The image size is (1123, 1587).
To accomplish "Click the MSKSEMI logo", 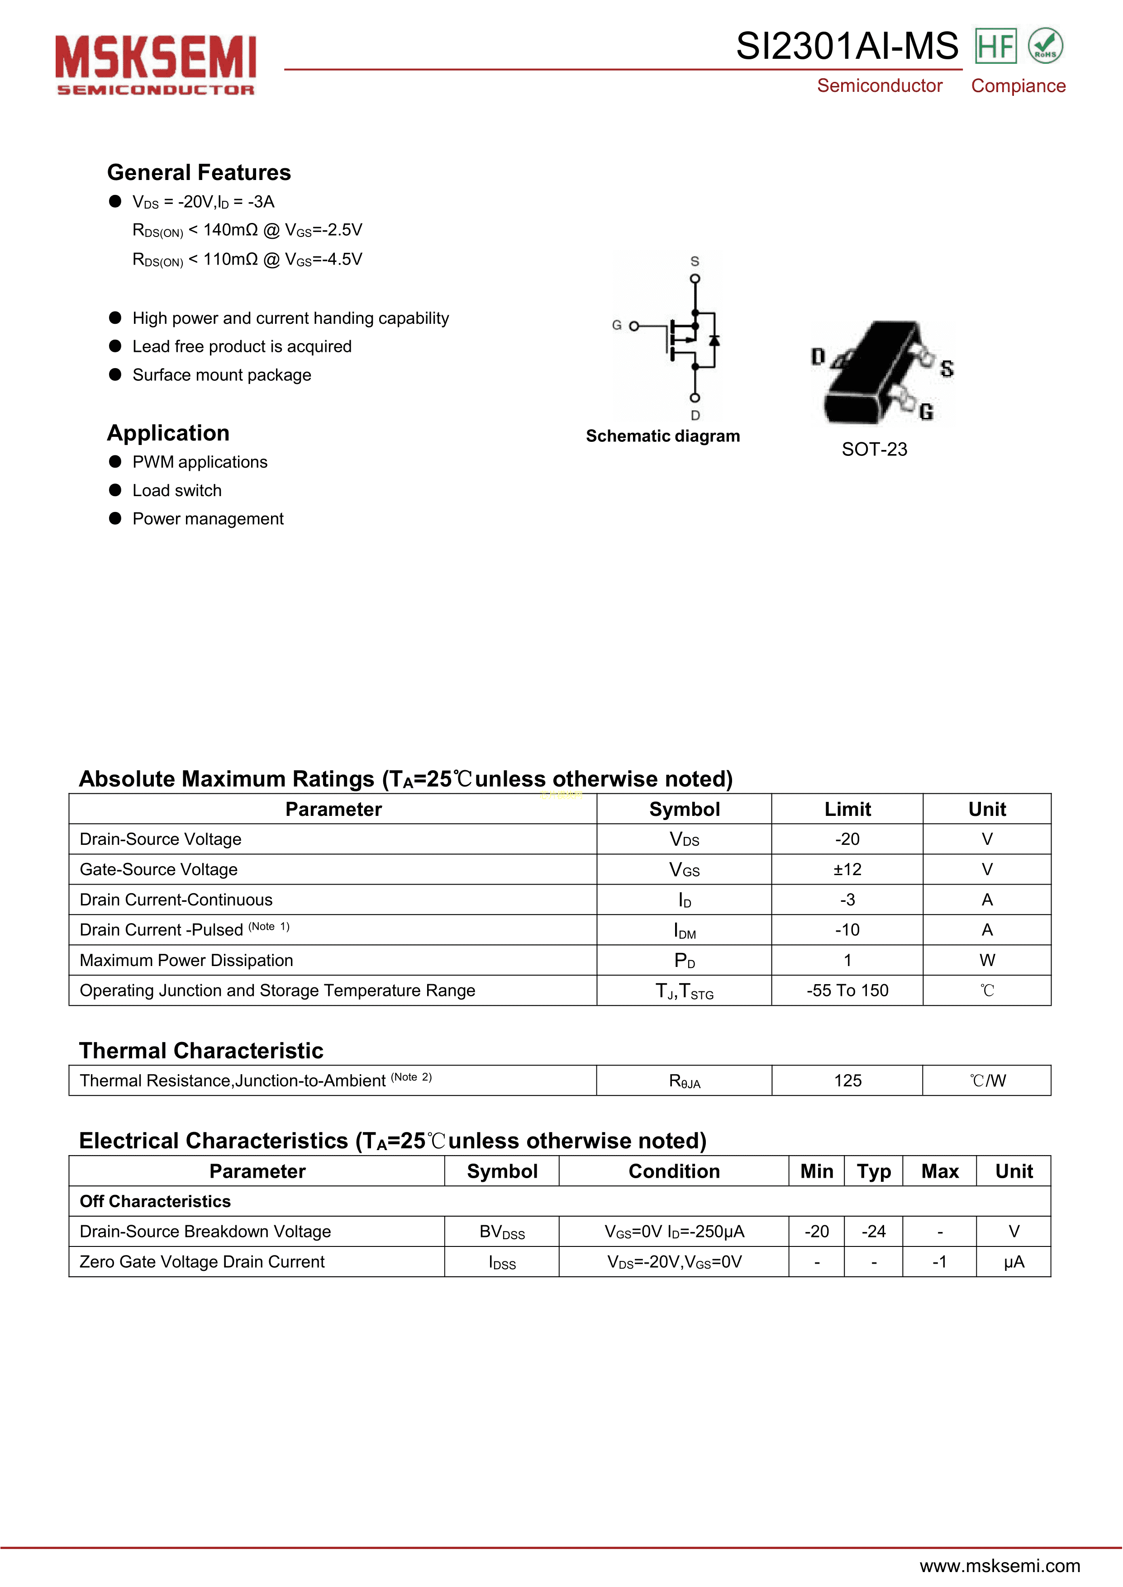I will pyautogui.click(x=156, y=64).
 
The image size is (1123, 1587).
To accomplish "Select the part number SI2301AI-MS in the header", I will pyautogui.click(x=847, y=46).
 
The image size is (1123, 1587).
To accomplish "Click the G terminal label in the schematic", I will pyautogui.click(x=616, y=325).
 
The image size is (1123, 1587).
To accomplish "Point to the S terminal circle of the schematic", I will pyautogui.click(x=695, y=279).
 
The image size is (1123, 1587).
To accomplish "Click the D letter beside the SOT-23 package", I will pyautogui.click(x=818, y=357).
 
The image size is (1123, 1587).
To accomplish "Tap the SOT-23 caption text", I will pyautogui.click(x=874, y=449).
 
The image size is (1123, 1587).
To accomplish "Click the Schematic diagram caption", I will pyautogui.click(x=662, y=436).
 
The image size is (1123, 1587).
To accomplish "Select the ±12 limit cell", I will pyautogui.click(x=847, y=870).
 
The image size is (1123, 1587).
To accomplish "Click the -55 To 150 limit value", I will pyautogui.click(x=847, y=990).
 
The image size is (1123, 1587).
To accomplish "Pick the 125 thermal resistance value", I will pyautogui.click(x=847, y=1080).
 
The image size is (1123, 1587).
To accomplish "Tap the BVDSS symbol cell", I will pyautogui.click(x=502, y=1232).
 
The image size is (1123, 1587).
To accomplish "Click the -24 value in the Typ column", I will pyautogui.click(x=873, y=1232).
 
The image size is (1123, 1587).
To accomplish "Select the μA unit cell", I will pyautogui.click(x=1014, y=1262).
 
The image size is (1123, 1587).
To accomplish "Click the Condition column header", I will pyautogui.click(x=674, y=1171).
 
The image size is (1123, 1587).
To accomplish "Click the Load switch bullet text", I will pyautogui.click(x=177, y=491).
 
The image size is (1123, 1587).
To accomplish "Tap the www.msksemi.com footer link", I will pyautogui.click(x=999, y=1566).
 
